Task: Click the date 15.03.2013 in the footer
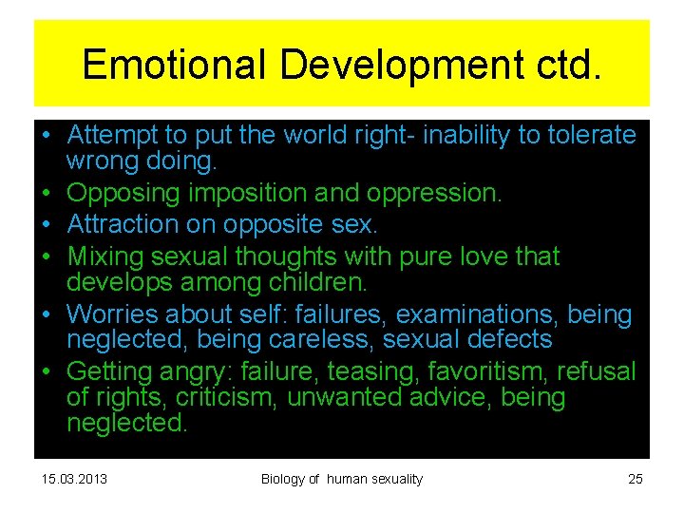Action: pos(74,479)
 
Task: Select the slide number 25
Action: pos(636,479)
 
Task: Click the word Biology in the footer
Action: pos(282,479)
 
